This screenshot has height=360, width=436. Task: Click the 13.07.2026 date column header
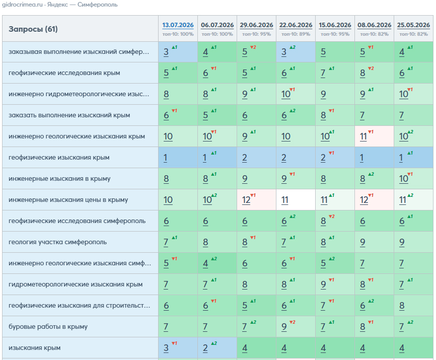pyautogui.click(x=178, y=25)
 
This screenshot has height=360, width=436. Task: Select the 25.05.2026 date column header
pyautogui.click(x=413, y=25)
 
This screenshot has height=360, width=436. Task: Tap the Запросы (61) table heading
pyautogui.click(x=33, y=29)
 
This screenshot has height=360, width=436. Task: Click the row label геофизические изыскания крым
pyautogui.click(x=59, y=158)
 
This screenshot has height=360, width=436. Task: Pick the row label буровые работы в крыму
pyautogui.click(x=48, y=326)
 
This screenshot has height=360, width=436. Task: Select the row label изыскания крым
pyautogui.click(x=34, y=347)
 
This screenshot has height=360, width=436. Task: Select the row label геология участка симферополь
pyautogui.click(x=57, y=242)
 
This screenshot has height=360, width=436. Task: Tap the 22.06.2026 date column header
pyautogui.click(x=296, y=25)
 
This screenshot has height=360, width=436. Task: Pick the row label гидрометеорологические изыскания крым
pyautogui.click(x=76, y=284)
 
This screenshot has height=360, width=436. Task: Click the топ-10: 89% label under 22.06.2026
pyautogui.click(x=296, y=34)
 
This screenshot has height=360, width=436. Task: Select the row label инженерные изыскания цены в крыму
pyautogui.click(x=68, y=199)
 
